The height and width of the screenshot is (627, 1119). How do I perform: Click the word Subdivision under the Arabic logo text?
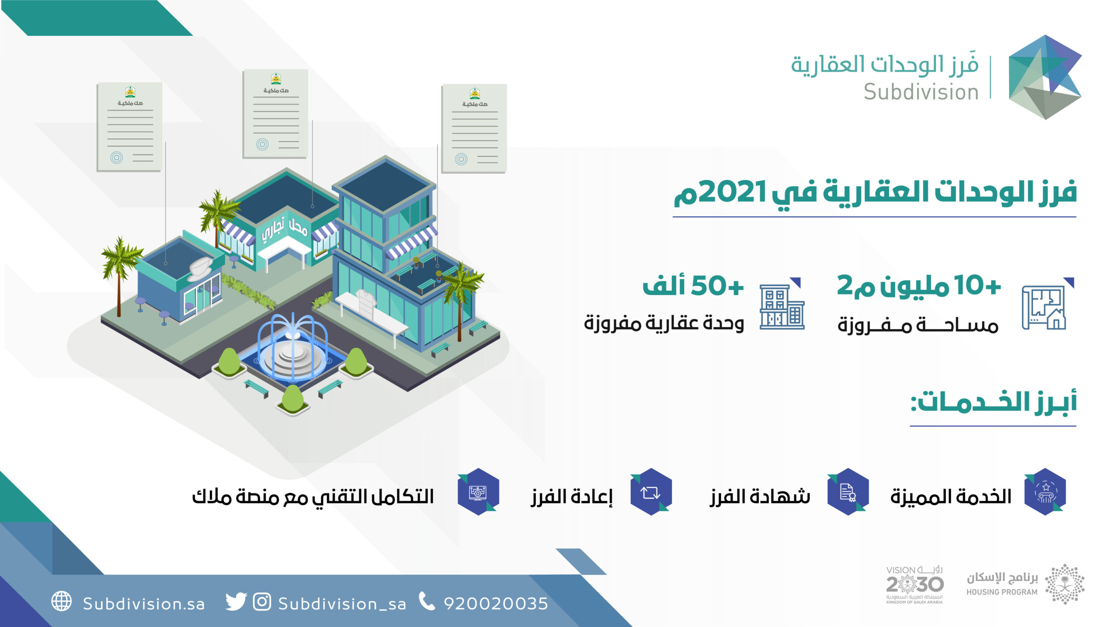pyautogui.click(x=921, y=92)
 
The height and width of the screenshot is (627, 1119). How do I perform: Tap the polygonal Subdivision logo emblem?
pyautogui.click(x=1045, y=77)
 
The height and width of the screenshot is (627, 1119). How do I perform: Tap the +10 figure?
pyautogui.click(x=977, y=286)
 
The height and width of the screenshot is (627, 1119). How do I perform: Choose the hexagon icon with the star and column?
pyautogui.click(x=1045, y=492)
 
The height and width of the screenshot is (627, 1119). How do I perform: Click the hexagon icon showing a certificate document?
pyautogui.click(x=848, y=492)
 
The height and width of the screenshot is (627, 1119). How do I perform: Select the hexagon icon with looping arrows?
pyautogui.click(x=651, y=492)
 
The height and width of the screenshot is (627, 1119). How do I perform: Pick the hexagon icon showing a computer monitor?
pyautogui.click(x=478, y=492)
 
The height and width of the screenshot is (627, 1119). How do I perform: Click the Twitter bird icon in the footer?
pyautogui.click(x=236, y=602)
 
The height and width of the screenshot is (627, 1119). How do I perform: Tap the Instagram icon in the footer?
pyautogui.click(x=262, y=602)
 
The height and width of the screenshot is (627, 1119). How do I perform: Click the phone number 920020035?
pyautogui.click(x=496, y=603)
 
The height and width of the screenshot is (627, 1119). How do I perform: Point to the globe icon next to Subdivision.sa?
pyautogui.click(x=62, y=601)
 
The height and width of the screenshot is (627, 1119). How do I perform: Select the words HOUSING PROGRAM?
pyautogui.click(x=1002, y=592)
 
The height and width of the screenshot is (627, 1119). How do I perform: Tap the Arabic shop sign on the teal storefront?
pyautogui.click(x=285, y=230)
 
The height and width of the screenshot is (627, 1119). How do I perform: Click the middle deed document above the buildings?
pyautogui.click(x=275, y=114)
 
